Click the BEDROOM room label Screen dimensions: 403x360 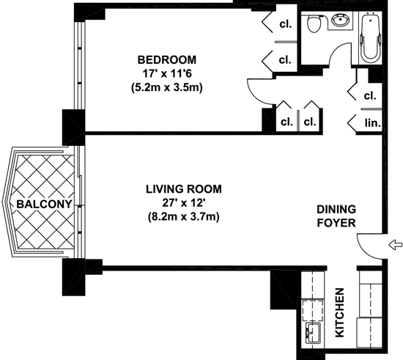167,59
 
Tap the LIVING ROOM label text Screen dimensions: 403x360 184,189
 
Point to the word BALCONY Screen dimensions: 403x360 44,204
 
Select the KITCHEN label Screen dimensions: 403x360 340,312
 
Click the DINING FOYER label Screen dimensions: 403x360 336,216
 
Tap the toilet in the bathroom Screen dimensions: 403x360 314,23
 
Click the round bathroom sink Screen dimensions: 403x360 341,20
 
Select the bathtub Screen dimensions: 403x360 370,37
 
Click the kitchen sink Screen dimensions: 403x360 313,333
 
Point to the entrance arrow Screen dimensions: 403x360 395,245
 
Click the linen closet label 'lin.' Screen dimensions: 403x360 372,123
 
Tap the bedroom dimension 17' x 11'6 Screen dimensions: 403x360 167,74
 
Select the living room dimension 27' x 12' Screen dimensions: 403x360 184,203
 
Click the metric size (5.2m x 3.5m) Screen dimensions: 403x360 167,88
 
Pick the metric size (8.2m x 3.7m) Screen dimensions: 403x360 184,217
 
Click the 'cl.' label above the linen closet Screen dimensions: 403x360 370,95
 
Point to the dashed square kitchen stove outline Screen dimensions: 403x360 313,310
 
